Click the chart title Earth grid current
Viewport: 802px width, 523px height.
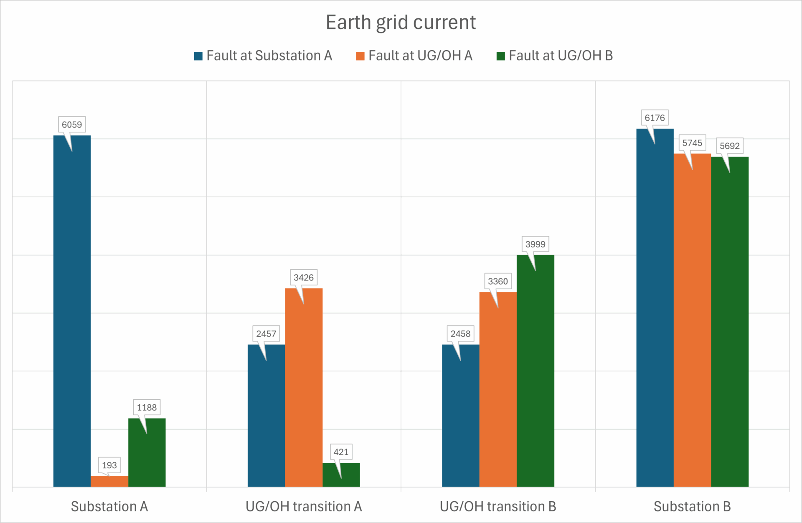tap(401, 22)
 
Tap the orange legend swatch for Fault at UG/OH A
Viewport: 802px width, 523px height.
tap(360, 56)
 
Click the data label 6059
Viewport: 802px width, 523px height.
tap(72, 125)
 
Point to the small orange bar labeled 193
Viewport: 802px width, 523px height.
tap(109, 481)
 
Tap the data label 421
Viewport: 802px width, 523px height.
tap(341, 452)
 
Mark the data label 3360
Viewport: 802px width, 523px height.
tap(498, 281)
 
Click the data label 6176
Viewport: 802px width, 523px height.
tap(655, 118)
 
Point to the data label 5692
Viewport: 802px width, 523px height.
tap(730, 146)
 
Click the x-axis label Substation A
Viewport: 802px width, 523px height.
tap(109, 506)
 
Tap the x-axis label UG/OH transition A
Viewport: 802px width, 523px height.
tap(304, 506)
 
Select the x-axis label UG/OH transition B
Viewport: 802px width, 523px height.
tap(498, 506)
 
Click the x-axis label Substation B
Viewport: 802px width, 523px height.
tap(692, 506)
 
